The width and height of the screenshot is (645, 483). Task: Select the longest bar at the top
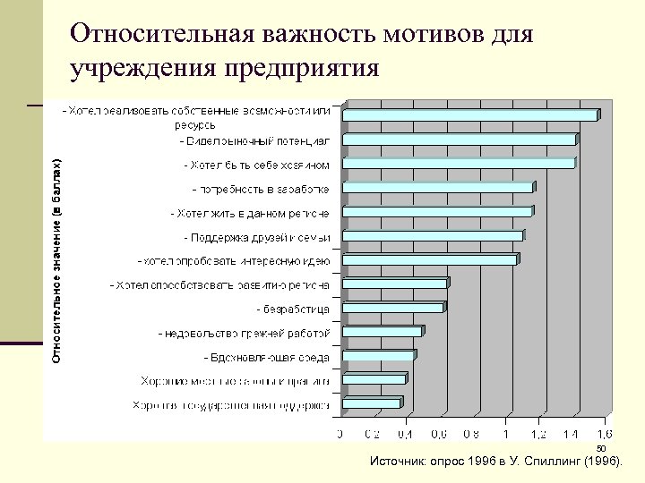(470, 115)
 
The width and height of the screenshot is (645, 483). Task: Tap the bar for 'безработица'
(394, 308)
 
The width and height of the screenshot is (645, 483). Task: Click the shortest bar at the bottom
(373, 403)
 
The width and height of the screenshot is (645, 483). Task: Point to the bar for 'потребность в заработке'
(437, 188)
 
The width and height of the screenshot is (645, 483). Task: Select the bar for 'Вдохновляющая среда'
(379, 356)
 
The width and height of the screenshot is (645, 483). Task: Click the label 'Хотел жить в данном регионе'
(250, 214)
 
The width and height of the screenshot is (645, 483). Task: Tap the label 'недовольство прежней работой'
(244, 333)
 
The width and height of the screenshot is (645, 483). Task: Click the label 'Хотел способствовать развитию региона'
(219, 285)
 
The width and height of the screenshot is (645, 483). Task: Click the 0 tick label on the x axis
(340, 434)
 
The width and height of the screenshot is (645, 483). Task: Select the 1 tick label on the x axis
(507, 434)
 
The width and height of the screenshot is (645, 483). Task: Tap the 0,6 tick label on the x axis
(439, 434)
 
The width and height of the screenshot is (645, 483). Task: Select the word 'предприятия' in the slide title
(302, 68)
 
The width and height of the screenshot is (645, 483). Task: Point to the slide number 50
(601, 449)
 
